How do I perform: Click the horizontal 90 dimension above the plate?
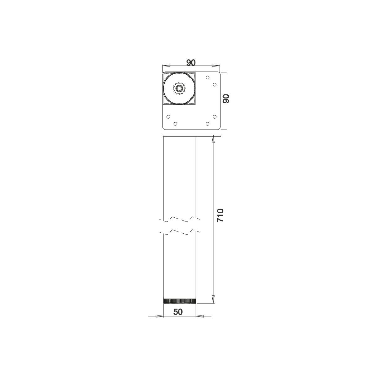coord(191,63)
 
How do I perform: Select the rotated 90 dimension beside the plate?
coord(226,98)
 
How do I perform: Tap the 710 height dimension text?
coord(220,215)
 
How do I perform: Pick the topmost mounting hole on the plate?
coord(208,77)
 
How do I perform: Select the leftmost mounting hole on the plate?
coord(168,117)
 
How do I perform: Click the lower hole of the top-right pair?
coord(215,84)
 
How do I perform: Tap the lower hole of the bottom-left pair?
coord(175,124)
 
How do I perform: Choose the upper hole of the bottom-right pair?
coord(215,117)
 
